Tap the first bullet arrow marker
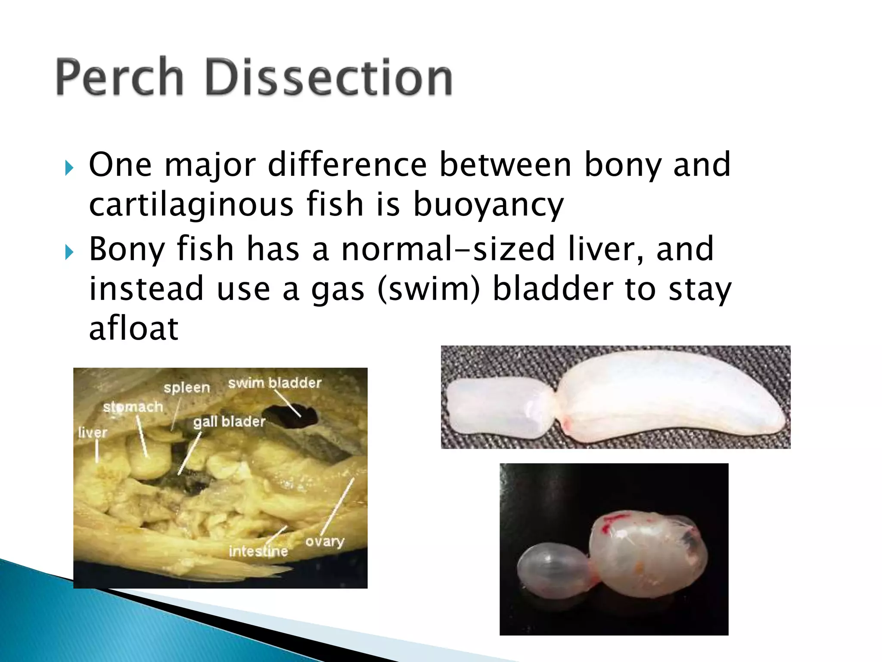69,168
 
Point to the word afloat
134,328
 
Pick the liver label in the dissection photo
93,432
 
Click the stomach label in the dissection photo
133,406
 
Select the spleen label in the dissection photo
186,387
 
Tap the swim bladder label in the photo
275,383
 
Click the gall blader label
229,421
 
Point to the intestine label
258,551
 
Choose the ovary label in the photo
325,541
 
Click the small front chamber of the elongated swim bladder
495,407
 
